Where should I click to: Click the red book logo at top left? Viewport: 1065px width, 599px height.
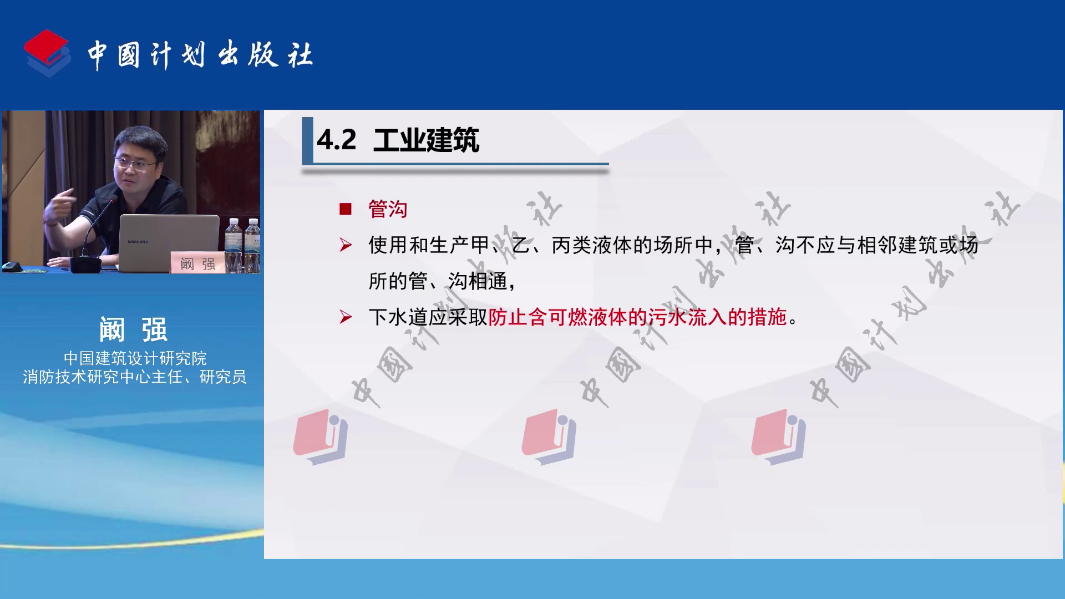pyautogui.click(x=48, y=53)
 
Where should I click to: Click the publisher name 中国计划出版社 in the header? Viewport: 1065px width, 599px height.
pyautogui.click(x=200, y=55)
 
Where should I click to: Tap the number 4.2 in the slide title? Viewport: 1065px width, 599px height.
pyautogui.click(x=337, y=140)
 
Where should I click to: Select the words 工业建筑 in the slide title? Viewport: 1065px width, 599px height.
pyautogui.click(x=426, y=140)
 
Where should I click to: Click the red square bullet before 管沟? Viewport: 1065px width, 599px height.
pyautogui.click(x=346, y=209)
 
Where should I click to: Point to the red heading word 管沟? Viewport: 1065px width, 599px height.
pyautogui.click(x=388, y=209)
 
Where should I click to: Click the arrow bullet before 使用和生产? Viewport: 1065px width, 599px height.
pyautogui.click(x=346, y=245)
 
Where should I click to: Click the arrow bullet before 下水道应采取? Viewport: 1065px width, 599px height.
pyautogui.click(x=346, y=317)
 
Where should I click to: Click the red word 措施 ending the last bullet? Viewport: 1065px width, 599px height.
pyautogui.click(x=768, y=317)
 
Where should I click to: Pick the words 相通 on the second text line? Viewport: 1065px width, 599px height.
pyautogui.click(x=488, y=281)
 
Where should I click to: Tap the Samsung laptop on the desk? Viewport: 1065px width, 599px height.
pyautogui.click(x=169, y=243)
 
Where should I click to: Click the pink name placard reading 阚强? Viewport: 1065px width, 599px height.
pyautogui.click(x=197, y=263)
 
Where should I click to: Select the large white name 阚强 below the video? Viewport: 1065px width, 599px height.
pyautogui.click(x=134, y=329)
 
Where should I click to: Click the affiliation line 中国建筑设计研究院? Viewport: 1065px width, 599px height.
pyautogui.click(x=135, y=358)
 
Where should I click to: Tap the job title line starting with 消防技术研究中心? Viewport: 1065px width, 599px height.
pyautogui.click(x=135, y=377)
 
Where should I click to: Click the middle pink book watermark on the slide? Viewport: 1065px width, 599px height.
pyautogui.click(x=549, y=436)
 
